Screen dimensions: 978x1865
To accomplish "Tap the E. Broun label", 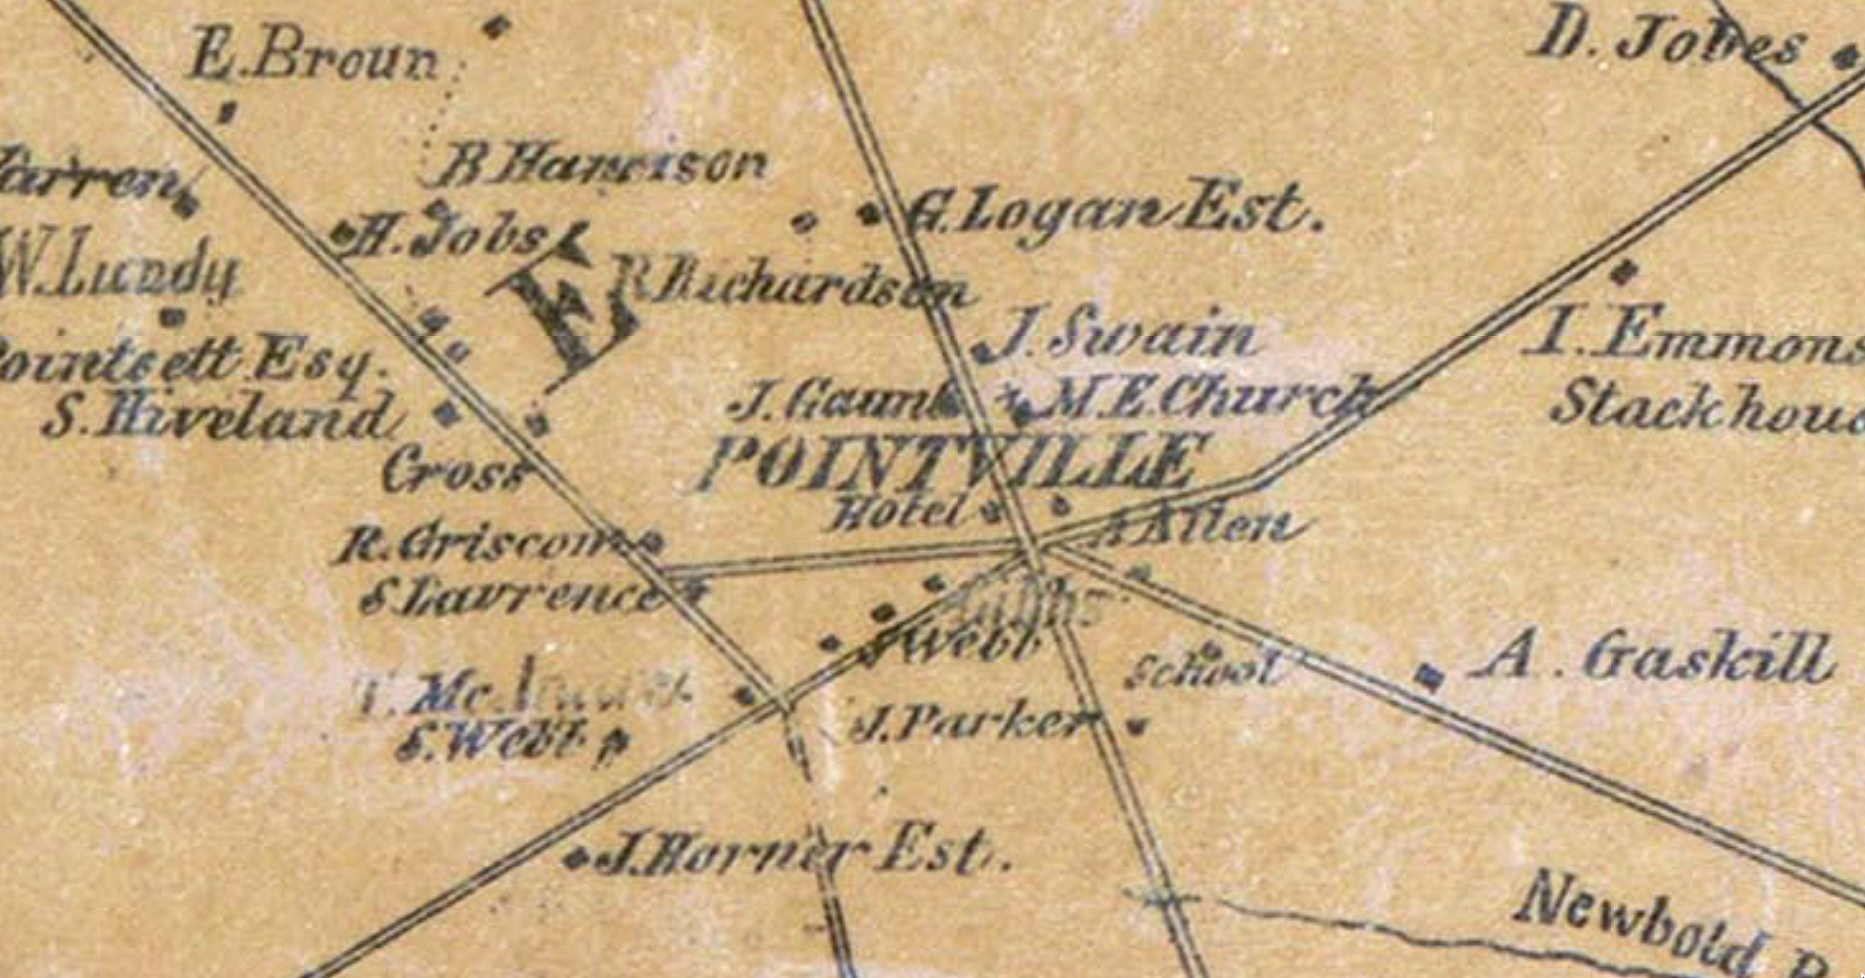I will click(x=313, y=60).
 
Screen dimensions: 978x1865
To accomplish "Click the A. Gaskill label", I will click(x=1650, y=659).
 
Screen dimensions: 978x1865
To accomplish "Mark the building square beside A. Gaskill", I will click(x=1430, y=676).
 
